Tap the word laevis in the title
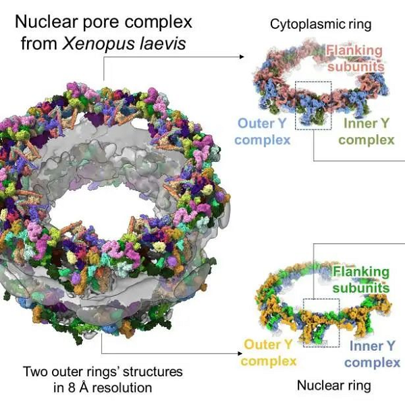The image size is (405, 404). point(163,43)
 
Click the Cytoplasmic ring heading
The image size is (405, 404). point(321,24)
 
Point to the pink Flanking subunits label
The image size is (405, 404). point(355,59)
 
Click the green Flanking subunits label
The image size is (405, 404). point(361,280)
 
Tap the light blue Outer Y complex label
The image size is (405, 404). point(263,132)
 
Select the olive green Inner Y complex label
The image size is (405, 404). point(367,132)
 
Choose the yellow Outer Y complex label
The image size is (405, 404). point(269,353)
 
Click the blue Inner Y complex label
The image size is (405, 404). point(372,354)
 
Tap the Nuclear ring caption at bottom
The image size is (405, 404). point(334,386)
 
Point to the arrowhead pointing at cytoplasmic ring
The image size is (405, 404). point(242,57)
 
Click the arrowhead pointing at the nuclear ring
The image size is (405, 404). point(240,353)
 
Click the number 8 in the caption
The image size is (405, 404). point(72,388)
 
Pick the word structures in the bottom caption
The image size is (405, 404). point(153,372)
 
